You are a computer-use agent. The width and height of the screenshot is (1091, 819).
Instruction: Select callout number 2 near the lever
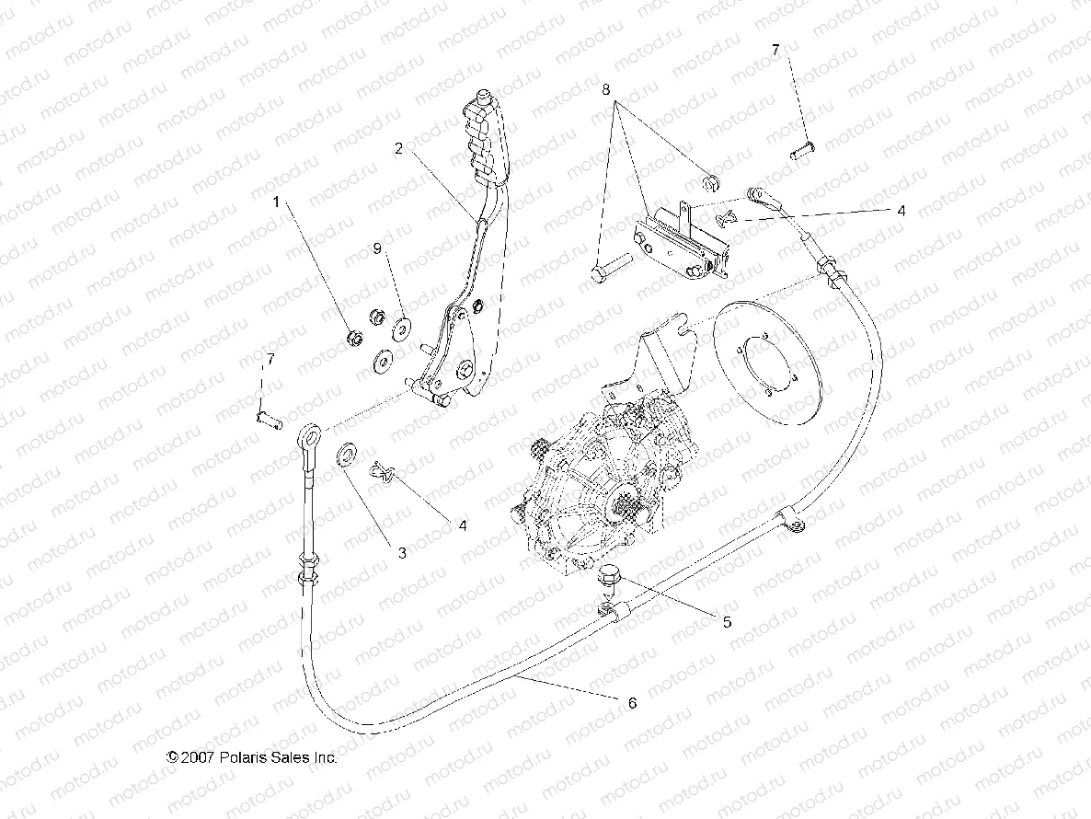[398, 147]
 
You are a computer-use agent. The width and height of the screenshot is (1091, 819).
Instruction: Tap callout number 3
[402, 553]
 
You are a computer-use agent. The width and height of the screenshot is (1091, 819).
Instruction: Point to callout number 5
[726, 622]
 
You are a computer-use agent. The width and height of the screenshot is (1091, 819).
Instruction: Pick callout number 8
[605, 90]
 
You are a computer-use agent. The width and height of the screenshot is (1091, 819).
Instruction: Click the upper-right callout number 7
[775, 52]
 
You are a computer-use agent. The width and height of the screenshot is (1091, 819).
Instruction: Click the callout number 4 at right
[901, 211]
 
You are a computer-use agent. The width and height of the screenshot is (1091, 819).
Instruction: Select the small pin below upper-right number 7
[802, 147]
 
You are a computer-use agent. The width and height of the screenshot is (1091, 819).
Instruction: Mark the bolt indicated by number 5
[608, 577]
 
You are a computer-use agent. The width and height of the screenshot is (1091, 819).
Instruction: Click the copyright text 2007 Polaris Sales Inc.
[251, 757]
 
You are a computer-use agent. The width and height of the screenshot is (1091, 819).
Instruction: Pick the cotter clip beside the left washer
[384, 473]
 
